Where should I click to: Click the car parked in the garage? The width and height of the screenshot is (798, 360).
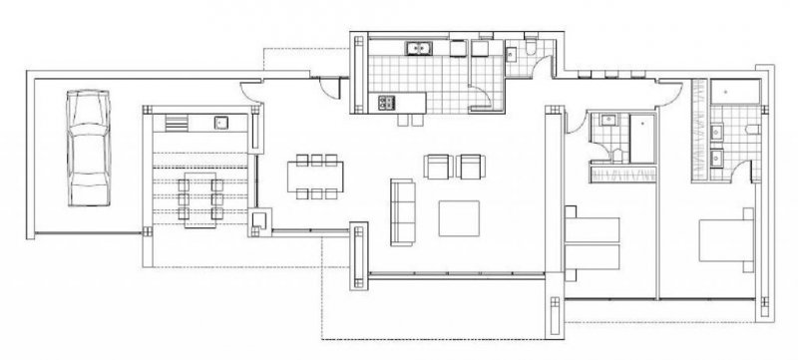point(88,147)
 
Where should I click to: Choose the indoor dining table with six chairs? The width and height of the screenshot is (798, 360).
point(317,177)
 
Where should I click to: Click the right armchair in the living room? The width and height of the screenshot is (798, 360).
point(470,165)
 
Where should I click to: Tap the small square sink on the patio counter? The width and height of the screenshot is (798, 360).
point(222,123)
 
